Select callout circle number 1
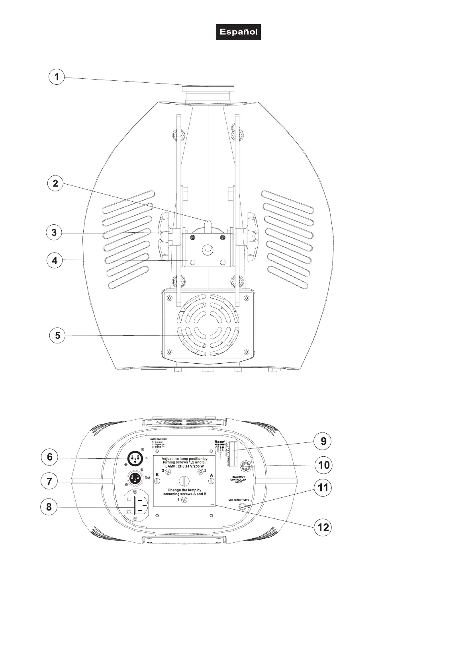coord(57,76)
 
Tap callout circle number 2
coord(55,183)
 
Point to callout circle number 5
coord(58,335)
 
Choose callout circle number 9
coord(323,441)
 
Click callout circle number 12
coord(323,527)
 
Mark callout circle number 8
coord(49,507)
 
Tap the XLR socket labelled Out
coord(135,477)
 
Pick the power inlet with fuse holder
coord(136,506)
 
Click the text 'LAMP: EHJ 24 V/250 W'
coord(184,466)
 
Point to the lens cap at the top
coord(208,88)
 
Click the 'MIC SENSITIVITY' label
coord(239,500)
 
